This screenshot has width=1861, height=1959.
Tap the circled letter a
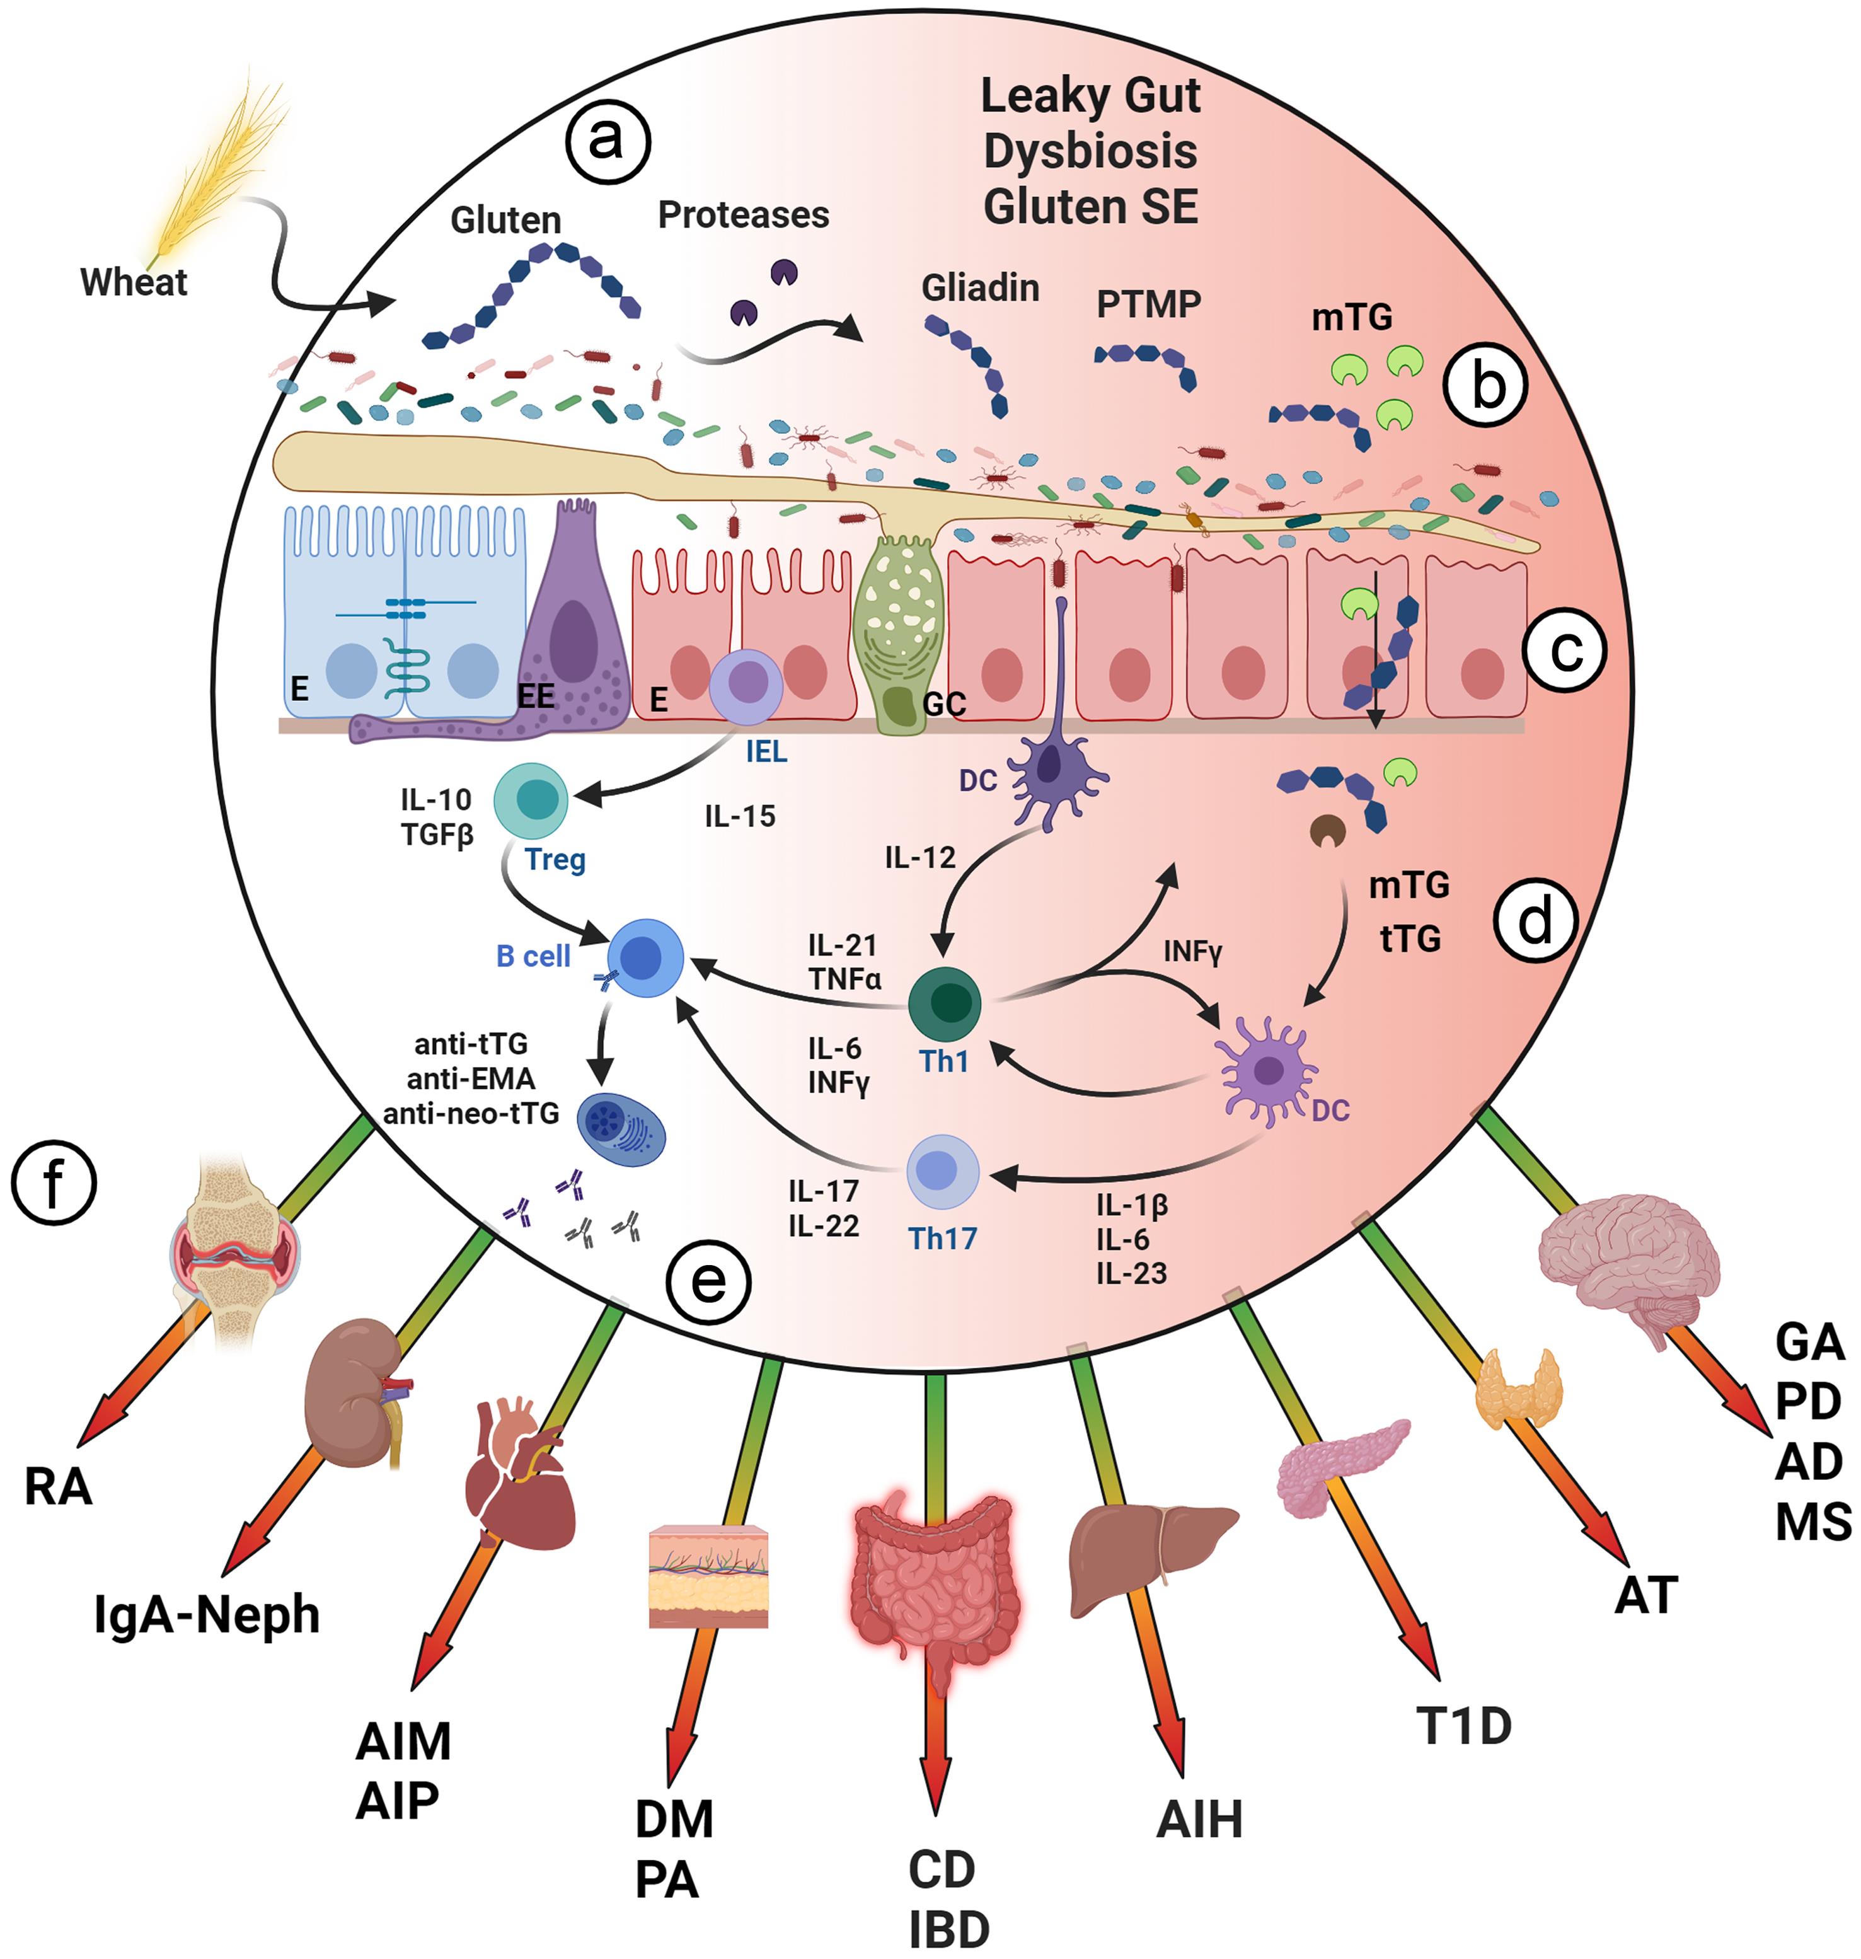607,141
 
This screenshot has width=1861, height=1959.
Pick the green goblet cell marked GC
898,635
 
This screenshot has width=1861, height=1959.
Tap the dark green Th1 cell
945,1003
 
